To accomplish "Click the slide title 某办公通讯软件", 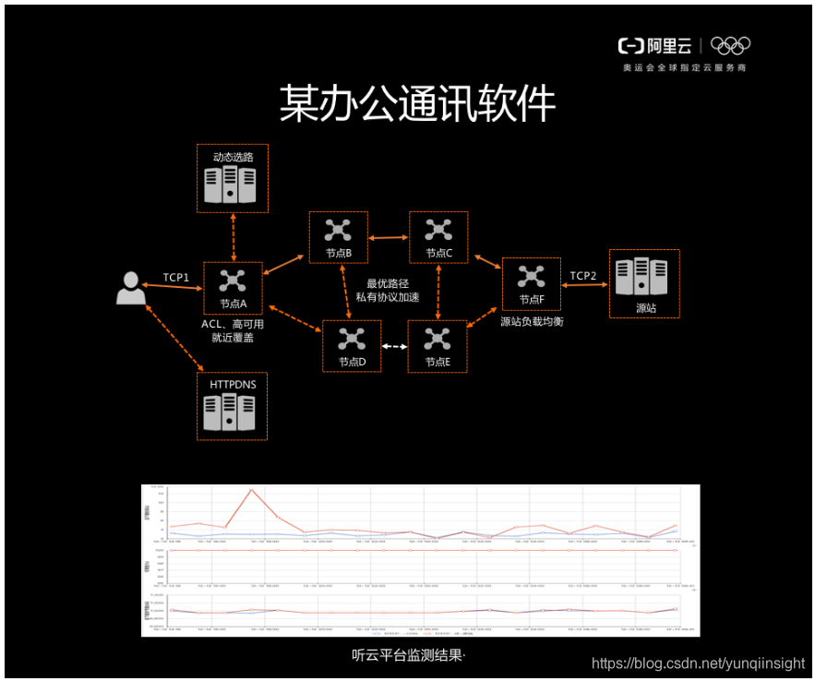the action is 417,104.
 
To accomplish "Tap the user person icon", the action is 130,288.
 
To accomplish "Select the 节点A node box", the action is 233,289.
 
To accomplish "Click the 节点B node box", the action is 338,237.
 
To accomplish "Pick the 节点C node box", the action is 438,237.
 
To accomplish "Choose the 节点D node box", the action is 351,346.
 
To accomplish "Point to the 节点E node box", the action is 437,346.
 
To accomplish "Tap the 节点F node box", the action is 531,284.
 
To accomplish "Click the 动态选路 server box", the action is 233,178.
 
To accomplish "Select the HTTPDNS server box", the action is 233,406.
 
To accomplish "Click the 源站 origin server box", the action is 644,283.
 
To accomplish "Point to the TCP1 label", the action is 176,277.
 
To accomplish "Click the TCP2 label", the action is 583,276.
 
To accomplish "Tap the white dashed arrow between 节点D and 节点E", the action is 394,347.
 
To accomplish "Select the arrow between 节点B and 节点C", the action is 388,237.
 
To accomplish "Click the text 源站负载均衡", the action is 531,322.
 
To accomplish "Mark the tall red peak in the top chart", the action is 250,490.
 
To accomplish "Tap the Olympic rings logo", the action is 731,45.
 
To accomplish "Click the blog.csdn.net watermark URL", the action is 698,663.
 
